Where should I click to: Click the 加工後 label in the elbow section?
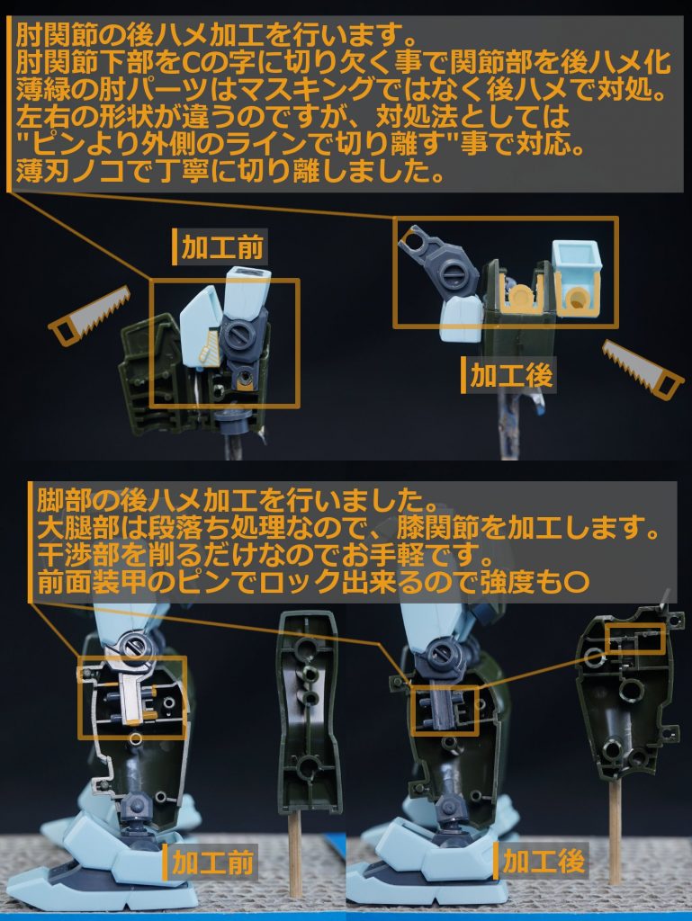tap(510, 375)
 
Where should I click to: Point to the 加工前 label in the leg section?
tap(211, 863)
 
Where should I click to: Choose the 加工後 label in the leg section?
tap(543, 862)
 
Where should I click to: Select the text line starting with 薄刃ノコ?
tap(229, 171)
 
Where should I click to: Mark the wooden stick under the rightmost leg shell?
tap(616, 827)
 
